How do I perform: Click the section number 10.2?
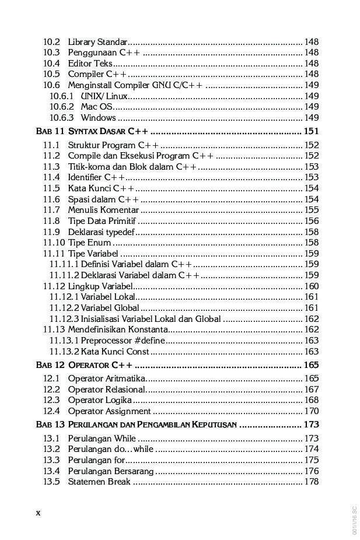click(52, 42)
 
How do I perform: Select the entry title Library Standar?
click(97, 42)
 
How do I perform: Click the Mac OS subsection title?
click(96, 107)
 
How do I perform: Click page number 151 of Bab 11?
click(311, 131)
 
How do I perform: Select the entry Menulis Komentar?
click(103, 210)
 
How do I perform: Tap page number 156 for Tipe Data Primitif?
click(312, 221)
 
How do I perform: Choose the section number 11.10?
click(54, 243)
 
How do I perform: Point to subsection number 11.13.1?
click(64, 341)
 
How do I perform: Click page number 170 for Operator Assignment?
click(312, 411)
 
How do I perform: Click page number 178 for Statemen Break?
click(312, 482)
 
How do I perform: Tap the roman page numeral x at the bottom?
click(39, 513)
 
